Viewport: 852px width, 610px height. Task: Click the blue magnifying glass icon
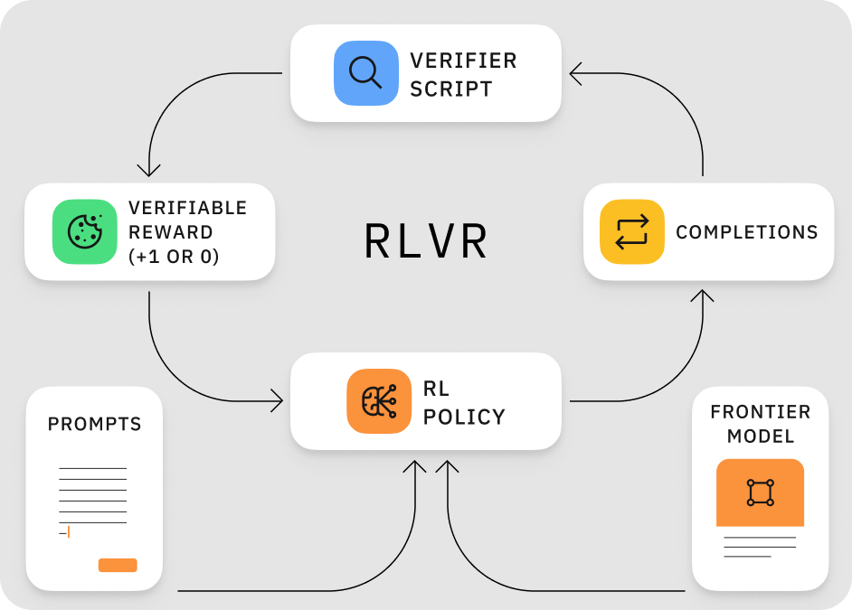365,72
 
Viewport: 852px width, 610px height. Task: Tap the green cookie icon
85,231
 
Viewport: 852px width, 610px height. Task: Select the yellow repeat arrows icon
632,231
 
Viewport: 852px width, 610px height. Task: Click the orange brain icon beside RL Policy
379,401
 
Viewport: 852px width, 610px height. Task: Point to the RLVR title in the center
425,241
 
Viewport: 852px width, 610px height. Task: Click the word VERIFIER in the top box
463,61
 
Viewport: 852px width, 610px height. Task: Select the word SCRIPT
451,89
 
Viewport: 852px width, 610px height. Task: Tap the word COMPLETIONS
746,232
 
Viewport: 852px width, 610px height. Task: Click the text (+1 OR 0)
174,256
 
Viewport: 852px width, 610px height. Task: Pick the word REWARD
171,232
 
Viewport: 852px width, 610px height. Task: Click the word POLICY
464,417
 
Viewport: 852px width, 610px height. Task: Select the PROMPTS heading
95,424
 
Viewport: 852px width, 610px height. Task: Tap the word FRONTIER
760,412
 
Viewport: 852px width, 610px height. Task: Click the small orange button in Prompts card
118,565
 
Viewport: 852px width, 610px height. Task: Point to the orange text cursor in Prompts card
69,532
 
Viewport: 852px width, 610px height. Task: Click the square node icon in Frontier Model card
760,493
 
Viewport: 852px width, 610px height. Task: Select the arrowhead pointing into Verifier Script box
575,73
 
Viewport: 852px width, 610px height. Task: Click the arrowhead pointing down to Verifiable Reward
148,170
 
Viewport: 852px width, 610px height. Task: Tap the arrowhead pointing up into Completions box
703,296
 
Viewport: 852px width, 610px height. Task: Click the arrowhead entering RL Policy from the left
277,401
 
